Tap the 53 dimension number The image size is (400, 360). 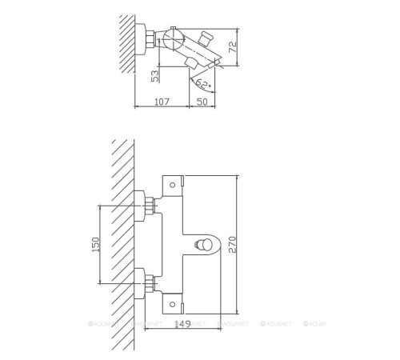[155, 76]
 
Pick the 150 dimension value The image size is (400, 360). [95, 245]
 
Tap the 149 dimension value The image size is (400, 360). [182, 323]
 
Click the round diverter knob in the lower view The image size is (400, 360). [207, 245]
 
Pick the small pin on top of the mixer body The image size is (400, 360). [173, 30]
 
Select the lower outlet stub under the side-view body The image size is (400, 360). [192, 64]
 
